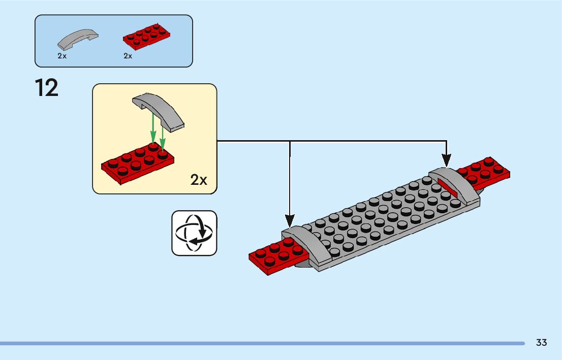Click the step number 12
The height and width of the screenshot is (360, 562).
pos(47,88)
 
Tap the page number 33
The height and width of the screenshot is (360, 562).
pos(541,343)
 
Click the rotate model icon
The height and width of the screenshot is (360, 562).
pos(194,233)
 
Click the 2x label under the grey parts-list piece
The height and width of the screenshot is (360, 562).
pos(62,56)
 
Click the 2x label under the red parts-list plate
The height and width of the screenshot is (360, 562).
pos(128,56)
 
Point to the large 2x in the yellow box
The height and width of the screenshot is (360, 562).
pos(199,179)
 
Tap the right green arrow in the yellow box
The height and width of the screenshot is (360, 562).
pos(163,135)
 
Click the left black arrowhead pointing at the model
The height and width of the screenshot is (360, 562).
pos(290,221)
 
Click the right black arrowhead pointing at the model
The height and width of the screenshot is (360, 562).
pos(446,161)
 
